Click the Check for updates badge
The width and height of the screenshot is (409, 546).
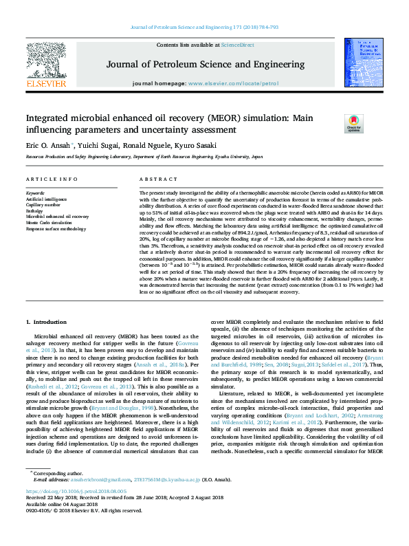pyautogui.click(x=353, y=124)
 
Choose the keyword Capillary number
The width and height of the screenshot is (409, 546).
pyautogui.click(x=43, y=205)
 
